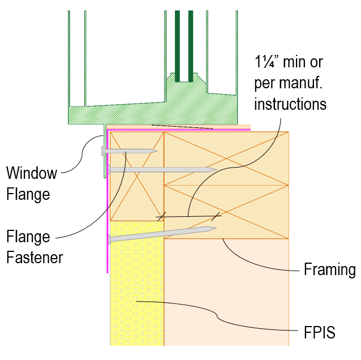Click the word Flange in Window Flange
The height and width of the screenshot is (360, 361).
[28, 194]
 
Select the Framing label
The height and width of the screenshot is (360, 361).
[329, 269]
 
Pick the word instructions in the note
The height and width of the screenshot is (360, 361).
[290, 104]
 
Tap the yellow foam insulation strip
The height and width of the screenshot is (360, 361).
[136, 294]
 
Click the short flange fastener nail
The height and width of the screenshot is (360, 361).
[128, 151]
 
